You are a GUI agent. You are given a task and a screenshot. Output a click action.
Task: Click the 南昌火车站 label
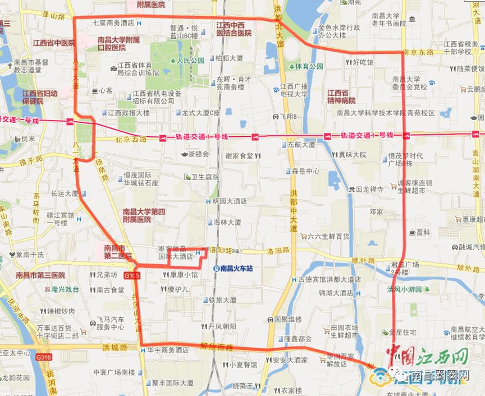pyautogui.click(x=237, y=269)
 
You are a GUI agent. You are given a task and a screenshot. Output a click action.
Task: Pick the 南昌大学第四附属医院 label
pyautogui.click(x=144, y=215)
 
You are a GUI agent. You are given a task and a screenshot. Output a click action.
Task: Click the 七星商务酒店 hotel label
pyautogui.click(x=113, y=23)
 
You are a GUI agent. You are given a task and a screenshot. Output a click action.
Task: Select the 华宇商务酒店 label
pyautogui.click(x=168, y=349)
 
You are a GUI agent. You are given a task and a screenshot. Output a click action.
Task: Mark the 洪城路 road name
pyautogui.click(x=114, y=348)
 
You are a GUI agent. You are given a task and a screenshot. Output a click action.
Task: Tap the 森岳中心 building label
pyautogui.click(x=305, y=171)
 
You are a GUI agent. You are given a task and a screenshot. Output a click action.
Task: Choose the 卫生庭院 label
pyautogui.click(x=204, y=177)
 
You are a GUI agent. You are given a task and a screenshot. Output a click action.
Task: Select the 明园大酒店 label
pyautogui.click(x=230, y=201)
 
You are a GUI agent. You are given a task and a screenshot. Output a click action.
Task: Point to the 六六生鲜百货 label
pyautogui.click(x=328, y=237)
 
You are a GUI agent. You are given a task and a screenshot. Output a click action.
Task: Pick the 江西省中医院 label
pyautogui.click(x=53, y=43)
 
